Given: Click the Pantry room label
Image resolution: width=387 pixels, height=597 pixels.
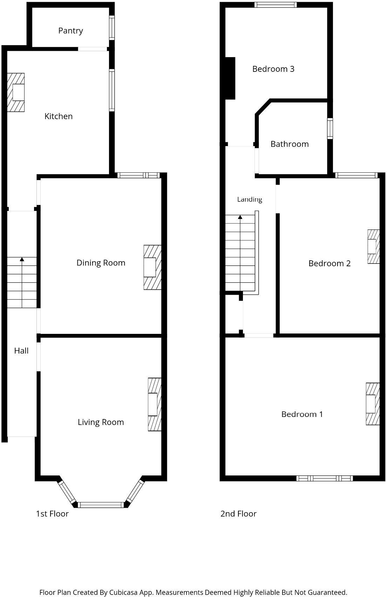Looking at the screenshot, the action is pos(70,31).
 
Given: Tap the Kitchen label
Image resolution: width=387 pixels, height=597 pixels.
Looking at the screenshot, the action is pos(59,116).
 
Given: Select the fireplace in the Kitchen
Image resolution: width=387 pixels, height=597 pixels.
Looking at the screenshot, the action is pos(16,92).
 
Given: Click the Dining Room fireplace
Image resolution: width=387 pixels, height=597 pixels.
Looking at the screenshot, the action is pos(152,267).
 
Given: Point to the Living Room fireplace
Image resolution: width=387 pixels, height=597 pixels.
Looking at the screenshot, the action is pos(155,404).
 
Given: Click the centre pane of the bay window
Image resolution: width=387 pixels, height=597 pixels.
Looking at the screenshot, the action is pos(101,505).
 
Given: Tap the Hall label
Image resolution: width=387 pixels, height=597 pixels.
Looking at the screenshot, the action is pos(21,351).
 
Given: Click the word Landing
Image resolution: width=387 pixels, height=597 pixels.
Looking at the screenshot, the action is pos(250,199).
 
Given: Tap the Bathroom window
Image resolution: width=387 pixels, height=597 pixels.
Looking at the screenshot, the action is pos(330,129).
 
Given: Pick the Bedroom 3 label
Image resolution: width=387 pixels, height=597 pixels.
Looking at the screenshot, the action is pos(273,69).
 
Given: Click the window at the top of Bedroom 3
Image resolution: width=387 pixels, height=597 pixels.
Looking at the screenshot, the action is pos(276,5).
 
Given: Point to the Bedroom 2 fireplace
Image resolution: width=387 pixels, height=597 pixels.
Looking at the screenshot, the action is pos(373,247).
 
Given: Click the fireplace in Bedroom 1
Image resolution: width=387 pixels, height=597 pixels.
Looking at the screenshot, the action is pos(373,404).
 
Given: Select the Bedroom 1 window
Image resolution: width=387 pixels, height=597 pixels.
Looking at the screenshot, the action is pos(325,478).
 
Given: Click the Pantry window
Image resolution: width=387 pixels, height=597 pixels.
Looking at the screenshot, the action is pos(112,28).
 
